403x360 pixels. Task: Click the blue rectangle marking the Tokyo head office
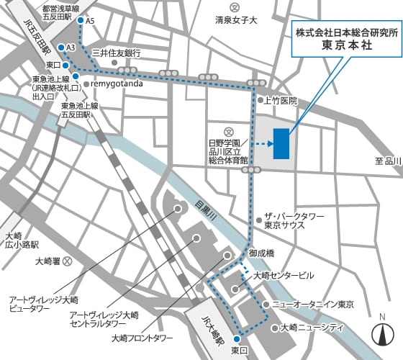(281, 143)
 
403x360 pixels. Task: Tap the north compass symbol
(382, 333)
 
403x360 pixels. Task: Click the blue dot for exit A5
(79, 21)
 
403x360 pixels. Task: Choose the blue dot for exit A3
(59, 48)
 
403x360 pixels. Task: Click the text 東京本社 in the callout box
(343, 44)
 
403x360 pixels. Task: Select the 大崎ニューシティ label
(311, 328)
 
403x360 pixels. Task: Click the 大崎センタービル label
(284, 276)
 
